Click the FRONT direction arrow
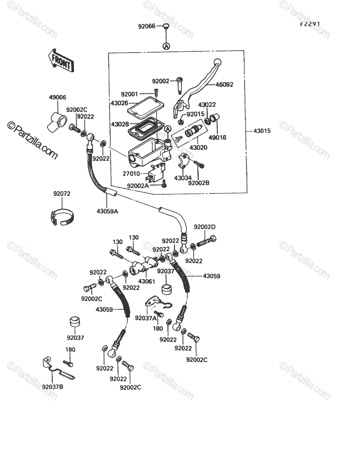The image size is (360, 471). (61, 61)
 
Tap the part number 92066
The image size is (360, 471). (146, 26)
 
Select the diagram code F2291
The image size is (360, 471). (310, 24)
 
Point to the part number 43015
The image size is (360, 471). (262, 131)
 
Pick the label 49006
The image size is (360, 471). (57, 97)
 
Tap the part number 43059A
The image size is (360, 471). (107, 211)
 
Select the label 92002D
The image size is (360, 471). (205, 227)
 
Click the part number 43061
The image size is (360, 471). (146, 281)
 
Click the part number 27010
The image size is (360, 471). (131, 173)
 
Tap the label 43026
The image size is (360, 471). (119, 103)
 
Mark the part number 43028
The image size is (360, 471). (120, 124)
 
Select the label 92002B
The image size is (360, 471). (199, 183)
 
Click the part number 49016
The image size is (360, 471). (217, 137)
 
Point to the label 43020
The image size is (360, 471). (198, 148)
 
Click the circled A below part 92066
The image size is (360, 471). (166, 46)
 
